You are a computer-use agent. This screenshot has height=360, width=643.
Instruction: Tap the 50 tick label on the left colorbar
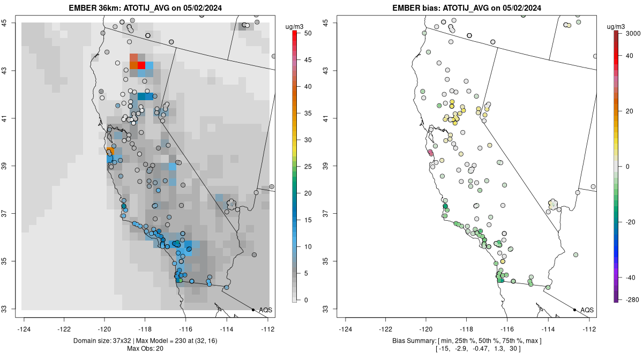coord(308,33)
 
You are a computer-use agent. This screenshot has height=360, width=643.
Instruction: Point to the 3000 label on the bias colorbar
coord(633,33)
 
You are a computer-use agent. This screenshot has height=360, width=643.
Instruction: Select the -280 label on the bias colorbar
coord(632,300)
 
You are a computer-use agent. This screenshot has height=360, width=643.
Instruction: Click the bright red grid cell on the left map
coord(141,65)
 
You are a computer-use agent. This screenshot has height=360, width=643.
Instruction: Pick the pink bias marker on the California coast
coord(430,153)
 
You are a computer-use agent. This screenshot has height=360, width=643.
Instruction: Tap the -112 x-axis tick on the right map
coord(589,329)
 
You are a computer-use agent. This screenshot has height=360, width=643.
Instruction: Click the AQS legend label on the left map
coord(265,310)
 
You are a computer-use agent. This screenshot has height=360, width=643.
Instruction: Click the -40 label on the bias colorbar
coord(631,277)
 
